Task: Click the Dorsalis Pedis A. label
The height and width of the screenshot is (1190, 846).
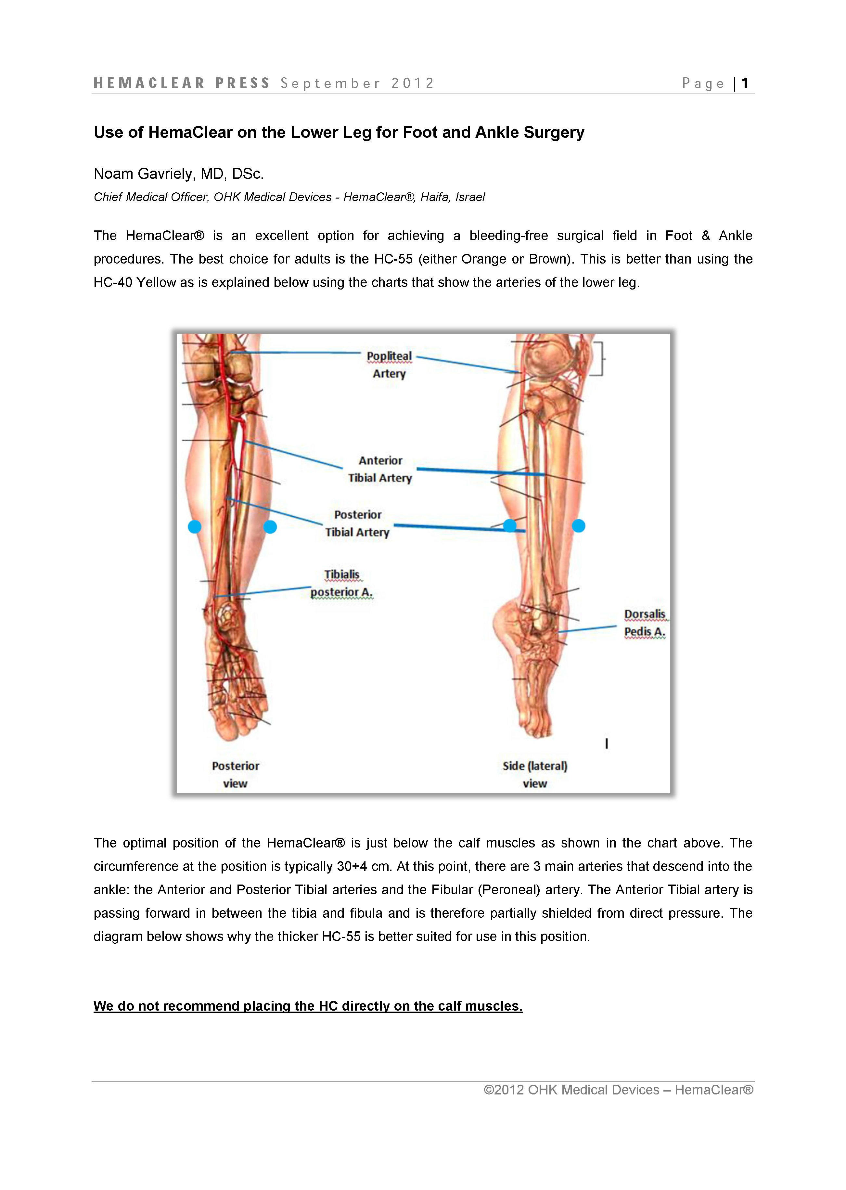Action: pyautogui.click(x=645, y=623)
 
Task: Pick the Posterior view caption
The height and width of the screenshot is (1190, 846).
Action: pyautogui.click(x=236, y=774)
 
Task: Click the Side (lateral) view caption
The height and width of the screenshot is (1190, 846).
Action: pyautogui.click(x=535, y=774)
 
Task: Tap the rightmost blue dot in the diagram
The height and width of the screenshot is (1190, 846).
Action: pyautogui.click(x=578, y=526)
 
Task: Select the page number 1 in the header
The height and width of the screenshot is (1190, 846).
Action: pyautogui.click(x=746, y=84)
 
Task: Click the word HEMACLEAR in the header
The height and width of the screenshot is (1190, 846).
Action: pyautogui.click(x=149, y=84)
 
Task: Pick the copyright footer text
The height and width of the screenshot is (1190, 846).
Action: pyautogui.click(x=618, y=1090)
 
